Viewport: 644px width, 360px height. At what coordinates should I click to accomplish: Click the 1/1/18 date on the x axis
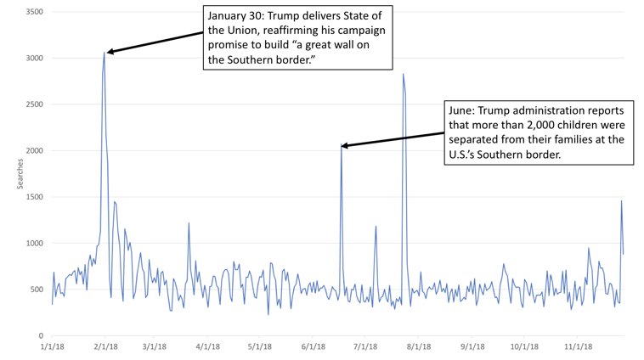(52, 346)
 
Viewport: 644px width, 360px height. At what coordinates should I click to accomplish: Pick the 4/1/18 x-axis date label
(207, 346)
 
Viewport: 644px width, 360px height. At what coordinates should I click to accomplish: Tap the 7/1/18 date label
(365, 346)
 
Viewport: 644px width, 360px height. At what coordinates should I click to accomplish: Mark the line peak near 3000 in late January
(105, 53)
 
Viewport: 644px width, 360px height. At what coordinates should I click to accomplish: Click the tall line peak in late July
(403, 75)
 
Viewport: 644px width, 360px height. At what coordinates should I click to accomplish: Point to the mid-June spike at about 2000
(342, 146)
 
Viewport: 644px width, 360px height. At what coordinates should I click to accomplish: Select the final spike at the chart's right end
(621, 201)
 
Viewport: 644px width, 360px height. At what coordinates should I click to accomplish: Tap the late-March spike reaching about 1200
(189, 223)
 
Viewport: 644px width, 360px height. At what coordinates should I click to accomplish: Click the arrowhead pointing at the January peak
(110, 52)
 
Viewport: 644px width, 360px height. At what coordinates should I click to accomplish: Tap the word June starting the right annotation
(464, 110)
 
